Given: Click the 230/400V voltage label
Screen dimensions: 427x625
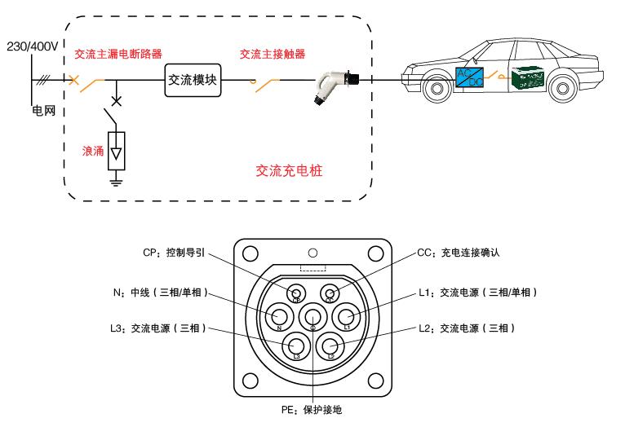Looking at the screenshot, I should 30,46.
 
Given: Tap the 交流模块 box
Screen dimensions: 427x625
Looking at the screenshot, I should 193,80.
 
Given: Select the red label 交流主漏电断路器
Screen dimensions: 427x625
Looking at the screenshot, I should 113,55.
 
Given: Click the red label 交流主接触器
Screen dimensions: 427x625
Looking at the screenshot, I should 273,55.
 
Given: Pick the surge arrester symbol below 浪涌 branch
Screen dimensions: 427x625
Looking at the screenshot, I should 117,151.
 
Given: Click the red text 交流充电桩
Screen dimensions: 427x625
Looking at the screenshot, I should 295,170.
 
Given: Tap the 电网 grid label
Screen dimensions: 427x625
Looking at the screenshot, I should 43,110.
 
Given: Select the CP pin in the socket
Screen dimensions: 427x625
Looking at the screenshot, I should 298,293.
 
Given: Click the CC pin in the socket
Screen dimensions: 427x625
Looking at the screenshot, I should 330,293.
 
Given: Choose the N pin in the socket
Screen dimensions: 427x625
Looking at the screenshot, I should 281,317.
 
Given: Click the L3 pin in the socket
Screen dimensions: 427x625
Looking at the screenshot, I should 296,346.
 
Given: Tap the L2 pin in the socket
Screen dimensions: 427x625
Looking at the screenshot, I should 330,346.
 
